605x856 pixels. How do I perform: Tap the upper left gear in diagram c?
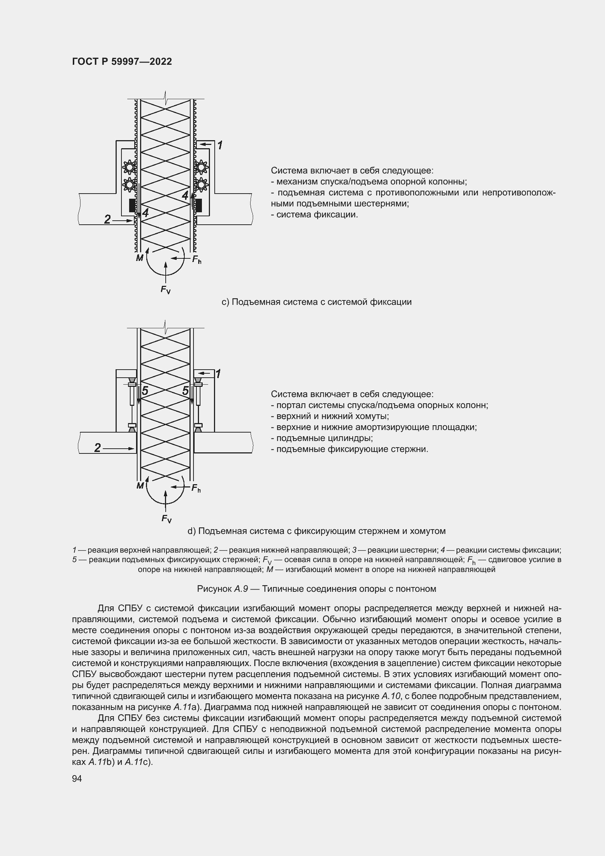pyautogui.click(x=129, y=167)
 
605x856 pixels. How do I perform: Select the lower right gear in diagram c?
pyautogui.click(x=201, y=184)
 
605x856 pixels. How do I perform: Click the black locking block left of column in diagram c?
pyautogui.click(x=132, y=205)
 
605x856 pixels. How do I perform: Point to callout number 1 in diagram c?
pyautogui.click(x=220, y=145)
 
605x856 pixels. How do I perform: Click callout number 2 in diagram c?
pyautogui.click(x=107, y=220)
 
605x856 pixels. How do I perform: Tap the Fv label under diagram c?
pyautogui.click(x=165, y=289)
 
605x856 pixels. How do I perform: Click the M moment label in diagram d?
pyautogui.click(x=140, y=486)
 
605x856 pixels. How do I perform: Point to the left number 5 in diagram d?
pyautogui.click(x=145, y=391)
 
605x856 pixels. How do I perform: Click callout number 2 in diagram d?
pyautogui.click(x=98, y=448)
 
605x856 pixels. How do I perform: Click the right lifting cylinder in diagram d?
pyautogui.click(x=199, y=396)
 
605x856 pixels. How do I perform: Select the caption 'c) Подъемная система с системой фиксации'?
pyautogui.click(x=316, y=302)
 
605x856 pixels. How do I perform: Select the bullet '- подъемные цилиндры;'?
pyautogui.click(x=322, y=438)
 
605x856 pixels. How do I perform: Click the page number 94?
pyautogui.click(x=77, y=778)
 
